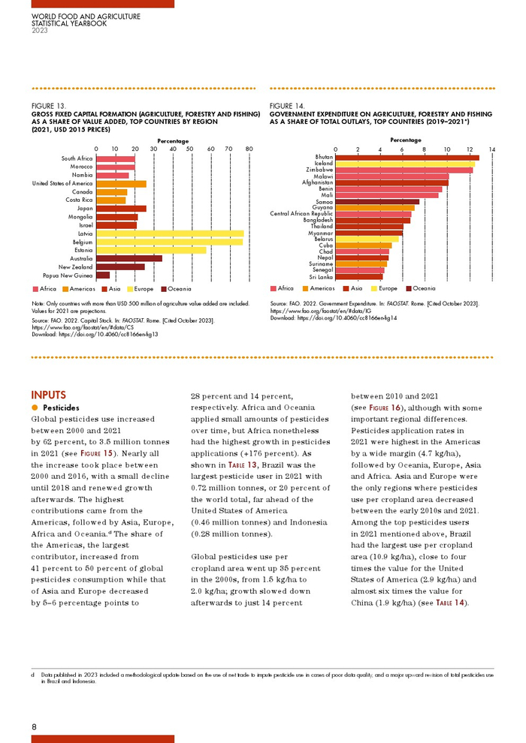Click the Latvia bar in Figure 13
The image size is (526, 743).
[169, 233]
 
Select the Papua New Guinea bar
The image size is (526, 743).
[103, 275]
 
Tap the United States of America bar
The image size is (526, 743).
[120, 183]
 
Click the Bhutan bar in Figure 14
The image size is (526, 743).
[407, 157]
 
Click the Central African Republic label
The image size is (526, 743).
[301, 214]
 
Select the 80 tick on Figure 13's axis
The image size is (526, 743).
[249, 149]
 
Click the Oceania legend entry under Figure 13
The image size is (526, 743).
[177, 289]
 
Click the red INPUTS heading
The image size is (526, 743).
[48, 395]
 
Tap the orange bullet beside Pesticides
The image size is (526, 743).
[35, 408]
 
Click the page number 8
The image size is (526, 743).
[34, 726]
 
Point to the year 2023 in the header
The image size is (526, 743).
[39, 30]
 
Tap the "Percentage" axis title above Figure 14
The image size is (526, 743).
[406, 140]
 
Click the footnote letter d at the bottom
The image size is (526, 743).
[33, 675]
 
